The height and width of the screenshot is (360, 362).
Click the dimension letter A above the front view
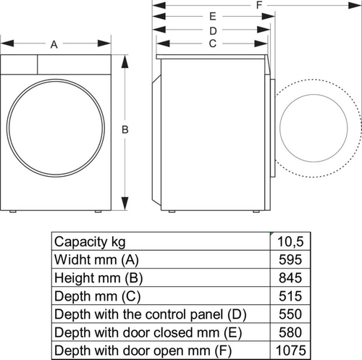(54, 45)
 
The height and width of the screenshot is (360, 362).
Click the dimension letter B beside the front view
(125, 130)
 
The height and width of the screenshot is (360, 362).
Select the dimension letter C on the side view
(213, 43)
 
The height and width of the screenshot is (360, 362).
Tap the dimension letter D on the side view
(213, 30)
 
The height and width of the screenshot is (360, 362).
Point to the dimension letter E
(213, 16)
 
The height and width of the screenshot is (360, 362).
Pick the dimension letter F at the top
(258, 5)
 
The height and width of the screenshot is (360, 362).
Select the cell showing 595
(292, 259)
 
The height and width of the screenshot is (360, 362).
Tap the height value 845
(292, 278)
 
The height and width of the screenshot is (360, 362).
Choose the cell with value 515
(292, 296)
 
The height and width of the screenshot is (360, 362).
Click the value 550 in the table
(292, 314)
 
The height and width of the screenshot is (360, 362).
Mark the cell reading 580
(292, 332)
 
